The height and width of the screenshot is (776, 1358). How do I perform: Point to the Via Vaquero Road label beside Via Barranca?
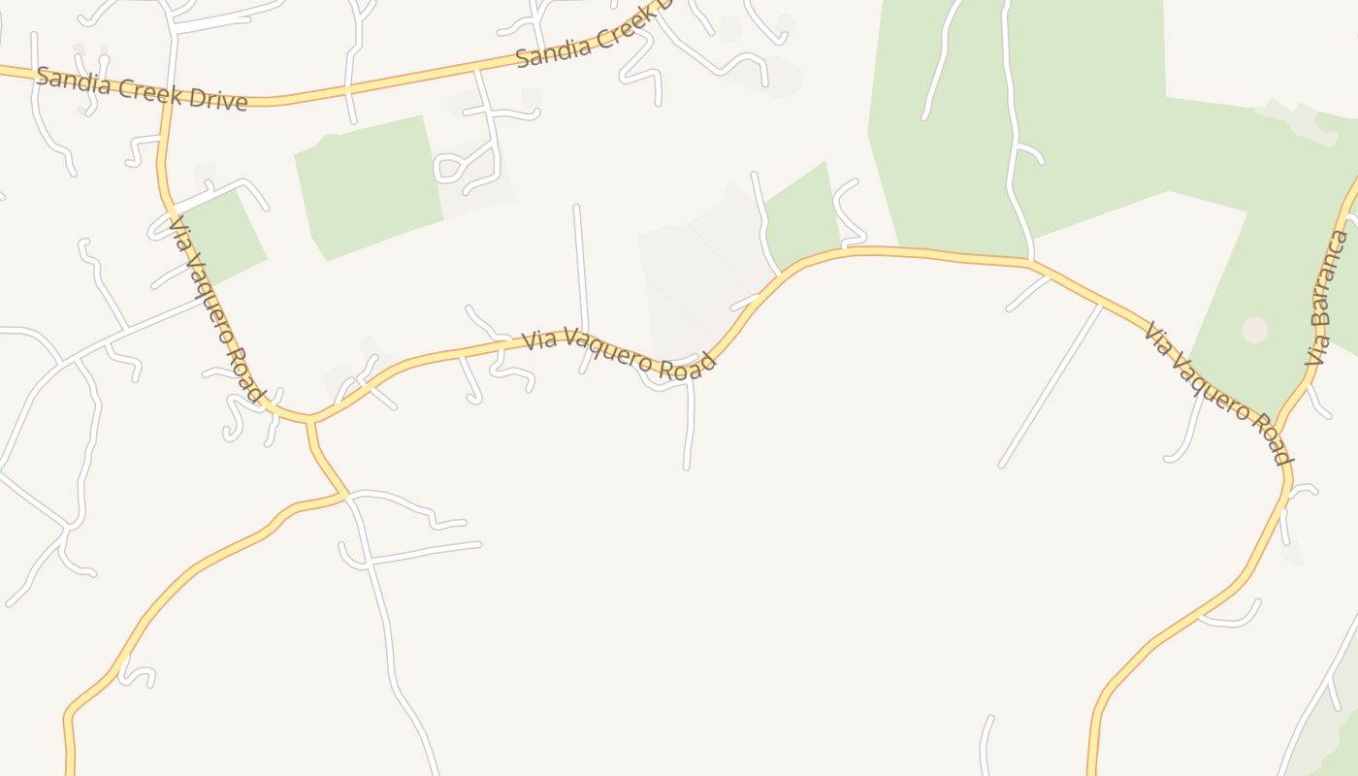point(1217,393)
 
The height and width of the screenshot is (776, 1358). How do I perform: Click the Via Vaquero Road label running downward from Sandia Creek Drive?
point(217,308)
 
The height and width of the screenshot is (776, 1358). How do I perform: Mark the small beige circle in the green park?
point(1254,330)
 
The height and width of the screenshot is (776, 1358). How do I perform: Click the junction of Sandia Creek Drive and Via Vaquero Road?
point(168,97)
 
